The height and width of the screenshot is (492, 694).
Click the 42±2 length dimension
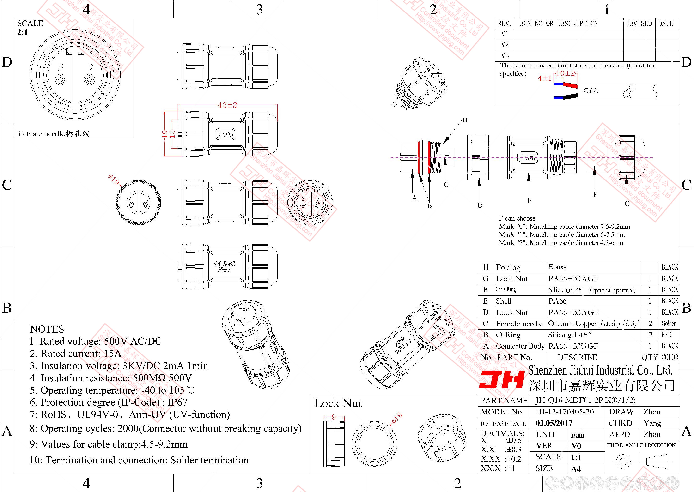227,105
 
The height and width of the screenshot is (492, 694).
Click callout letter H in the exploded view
465,120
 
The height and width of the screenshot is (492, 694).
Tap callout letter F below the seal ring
595,194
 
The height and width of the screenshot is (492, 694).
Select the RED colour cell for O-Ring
666,335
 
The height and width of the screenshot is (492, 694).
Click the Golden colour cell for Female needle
669,324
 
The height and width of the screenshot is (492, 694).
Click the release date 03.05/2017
554,423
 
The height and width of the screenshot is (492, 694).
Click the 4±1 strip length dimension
544,78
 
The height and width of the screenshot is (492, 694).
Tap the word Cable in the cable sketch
591,90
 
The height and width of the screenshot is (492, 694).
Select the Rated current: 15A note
76,354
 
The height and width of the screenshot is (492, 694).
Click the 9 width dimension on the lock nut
334,417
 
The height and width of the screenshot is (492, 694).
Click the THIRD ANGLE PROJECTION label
641,445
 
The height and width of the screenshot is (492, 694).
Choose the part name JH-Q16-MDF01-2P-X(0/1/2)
585,400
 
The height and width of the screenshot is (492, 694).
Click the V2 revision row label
505,45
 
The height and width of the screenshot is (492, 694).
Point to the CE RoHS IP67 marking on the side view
225,266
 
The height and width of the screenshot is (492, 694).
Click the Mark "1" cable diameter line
562,234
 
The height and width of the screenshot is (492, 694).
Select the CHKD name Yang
652,423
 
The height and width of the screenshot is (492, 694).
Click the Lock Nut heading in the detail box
338,403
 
